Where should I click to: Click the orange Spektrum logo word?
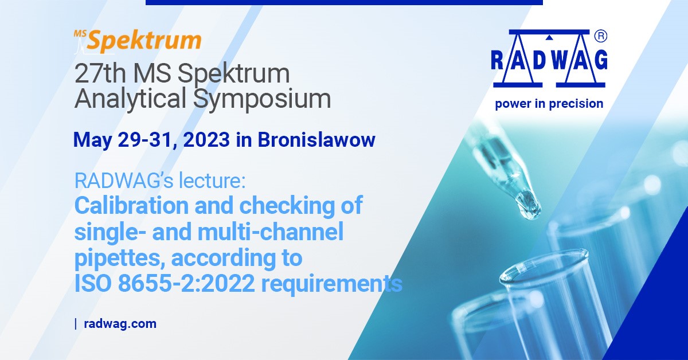[x=144, y=41]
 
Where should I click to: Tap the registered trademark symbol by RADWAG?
[x=601, y=36]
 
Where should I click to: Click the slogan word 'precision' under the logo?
[x=576, y=104]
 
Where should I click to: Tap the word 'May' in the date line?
[x=92, y=140]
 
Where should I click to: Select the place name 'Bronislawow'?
[x=316, y=140]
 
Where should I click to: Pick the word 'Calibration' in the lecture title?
[x=131, y=205]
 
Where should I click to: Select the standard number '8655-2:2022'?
[x=187, y=284]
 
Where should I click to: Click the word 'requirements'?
[x=332, y=284]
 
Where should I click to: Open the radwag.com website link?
[x=120, y=324]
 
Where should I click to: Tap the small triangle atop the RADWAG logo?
[x=550, y=38]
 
